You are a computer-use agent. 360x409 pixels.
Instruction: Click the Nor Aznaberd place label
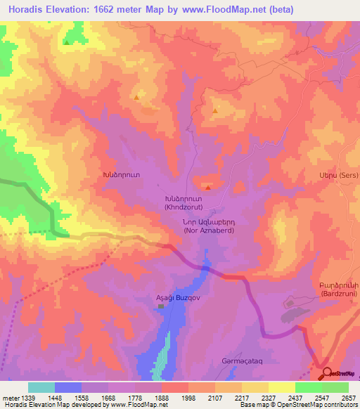point(205,226)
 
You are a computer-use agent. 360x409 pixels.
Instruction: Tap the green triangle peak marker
point(67,42)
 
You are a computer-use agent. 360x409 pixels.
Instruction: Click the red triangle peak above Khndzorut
point(207,187)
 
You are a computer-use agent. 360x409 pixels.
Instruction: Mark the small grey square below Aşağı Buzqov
point(161,306)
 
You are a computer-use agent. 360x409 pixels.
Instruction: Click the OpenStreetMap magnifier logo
point(326,372)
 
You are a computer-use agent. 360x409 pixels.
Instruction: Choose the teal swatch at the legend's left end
point(41,387)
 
